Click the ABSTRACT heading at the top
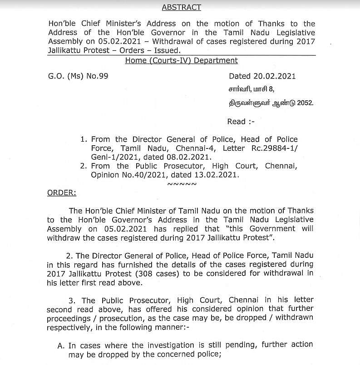(x=181, y=7)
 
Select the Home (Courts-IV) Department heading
(x=181, y=60)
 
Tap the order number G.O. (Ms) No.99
(x=78, y=76)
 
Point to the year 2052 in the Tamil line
(x=305, y=103)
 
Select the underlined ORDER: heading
(x=62, y=193)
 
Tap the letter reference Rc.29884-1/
(x=275, y=148)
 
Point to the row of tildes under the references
(x=182, y=184)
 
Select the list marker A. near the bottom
(x=61, y=345)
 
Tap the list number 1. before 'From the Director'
(x=83, y=139)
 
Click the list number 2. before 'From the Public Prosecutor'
(x=83, y=166)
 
